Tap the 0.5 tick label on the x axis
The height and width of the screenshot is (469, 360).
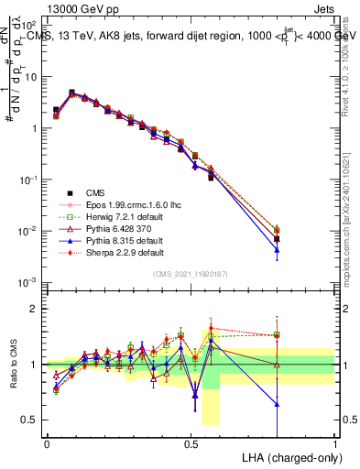(x=191, y=442)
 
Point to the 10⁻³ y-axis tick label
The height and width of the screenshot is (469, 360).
(x=30, y=283)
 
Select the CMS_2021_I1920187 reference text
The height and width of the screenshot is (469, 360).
(x=191, y=275)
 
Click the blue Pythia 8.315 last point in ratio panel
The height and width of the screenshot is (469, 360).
(x=277, y=404)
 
